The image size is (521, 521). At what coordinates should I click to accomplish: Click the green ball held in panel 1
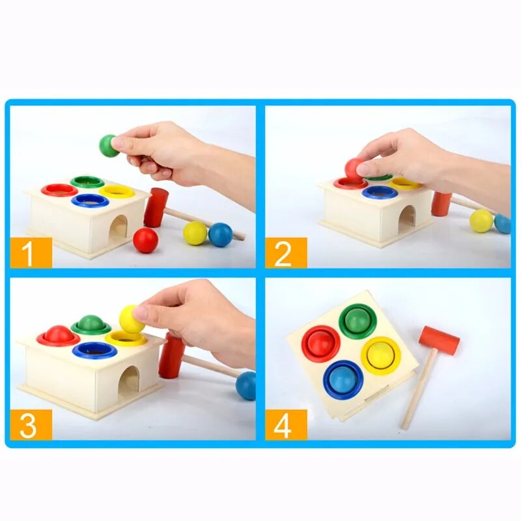[108, 145]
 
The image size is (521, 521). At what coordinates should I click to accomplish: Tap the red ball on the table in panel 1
[145, 240]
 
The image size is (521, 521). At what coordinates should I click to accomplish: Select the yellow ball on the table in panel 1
[195, 232]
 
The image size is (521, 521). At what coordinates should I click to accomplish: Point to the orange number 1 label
[30, 252]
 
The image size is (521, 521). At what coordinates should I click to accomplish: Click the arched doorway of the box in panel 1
[119, 229]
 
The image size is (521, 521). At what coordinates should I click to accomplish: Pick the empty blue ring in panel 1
[90, 200]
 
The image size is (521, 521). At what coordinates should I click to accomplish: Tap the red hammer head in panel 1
[156, 207]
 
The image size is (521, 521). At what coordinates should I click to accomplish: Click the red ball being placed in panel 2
[354, 169]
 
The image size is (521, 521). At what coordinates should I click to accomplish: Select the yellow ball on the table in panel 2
[481, 220]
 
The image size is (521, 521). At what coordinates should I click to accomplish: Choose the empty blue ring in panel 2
[380, 191]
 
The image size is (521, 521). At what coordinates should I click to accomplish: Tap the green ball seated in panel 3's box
[91, 323]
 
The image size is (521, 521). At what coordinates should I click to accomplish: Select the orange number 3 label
[30, 425]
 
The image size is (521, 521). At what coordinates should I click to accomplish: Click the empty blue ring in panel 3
[95, 350]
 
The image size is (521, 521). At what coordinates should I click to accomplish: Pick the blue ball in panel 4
[343, 379]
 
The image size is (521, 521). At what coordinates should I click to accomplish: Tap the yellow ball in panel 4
[381, 355]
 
